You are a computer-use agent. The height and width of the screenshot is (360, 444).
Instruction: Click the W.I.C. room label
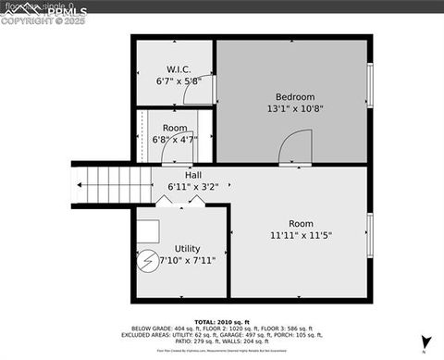[x=179, y=69]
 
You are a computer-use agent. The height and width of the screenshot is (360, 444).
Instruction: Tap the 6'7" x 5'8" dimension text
[x=179, y=81]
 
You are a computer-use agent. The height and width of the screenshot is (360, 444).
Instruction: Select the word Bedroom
[x=295, y=96]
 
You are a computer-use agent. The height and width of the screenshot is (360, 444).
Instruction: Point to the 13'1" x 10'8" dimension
[x=295, y=108]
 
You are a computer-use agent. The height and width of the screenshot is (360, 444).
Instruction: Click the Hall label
[x=192, y=175]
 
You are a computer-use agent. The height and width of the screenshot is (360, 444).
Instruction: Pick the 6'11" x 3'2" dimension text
[x=192, y=187]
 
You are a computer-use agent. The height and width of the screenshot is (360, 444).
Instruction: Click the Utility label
[x=187, y=249]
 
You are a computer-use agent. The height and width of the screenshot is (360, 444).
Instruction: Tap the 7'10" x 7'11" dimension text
[x=187, y=261]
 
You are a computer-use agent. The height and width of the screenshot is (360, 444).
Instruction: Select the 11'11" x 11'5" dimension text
[x=301, y=235]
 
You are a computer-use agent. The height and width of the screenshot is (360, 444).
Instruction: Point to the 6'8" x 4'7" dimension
[x=175, y=140]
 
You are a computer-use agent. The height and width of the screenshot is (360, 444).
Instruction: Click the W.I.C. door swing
[x=203, y=90]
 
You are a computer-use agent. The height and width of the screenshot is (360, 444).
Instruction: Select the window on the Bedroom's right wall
[x=369, y=85]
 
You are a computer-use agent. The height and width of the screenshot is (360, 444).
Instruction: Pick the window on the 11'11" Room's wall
[x=369, y=234]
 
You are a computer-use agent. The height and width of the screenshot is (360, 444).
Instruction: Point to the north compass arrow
[x=425, y=341]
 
